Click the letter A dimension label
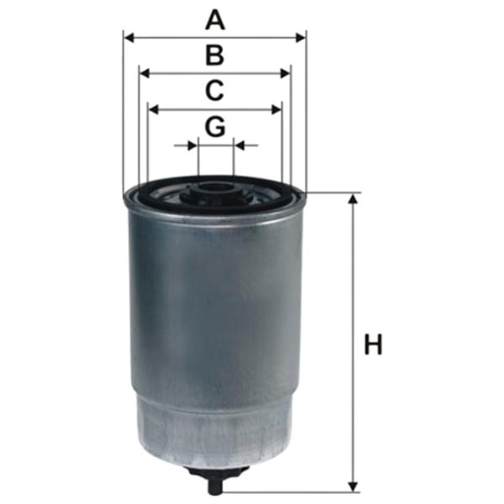[215, 20]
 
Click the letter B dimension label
[215, 55]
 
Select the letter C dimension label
[214, 91]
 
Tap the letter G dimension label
[215, 126]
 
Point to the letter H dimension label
[373, 344]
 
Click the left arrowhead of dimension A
[129, 38]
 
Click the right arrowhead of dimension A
[301, 38]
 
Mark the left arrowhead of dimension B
[145, 73]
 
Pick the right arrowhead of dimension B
[286, 73]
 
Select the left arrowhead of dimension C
[154, 109]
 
